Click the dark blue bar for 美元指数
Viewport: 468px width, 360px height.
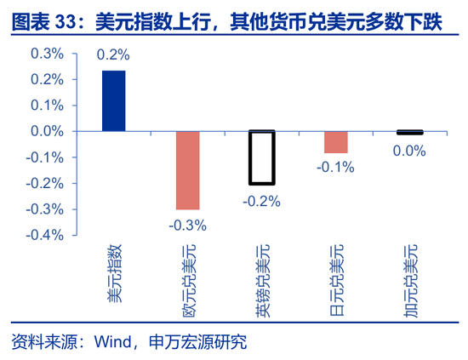[x=113, y=100]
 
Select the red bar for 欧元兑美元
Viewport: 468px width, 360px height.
[x=187, y=170]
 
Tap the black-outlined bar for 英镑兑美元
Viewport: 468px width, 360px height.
[x=262, y=157]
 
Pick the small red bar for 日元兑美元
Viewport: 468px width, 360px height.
[x=336, y=142]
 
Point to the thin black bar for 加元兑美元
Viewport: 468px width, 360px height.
[x=410, y=132]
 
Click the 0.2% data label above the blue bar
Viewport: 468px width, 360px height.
[x=113, y=54]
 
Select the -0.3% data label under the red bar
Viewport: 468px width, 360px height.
[x=187, y=225]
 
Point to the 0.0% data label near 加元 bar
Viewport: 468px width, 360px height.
[x=409, y=151]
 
